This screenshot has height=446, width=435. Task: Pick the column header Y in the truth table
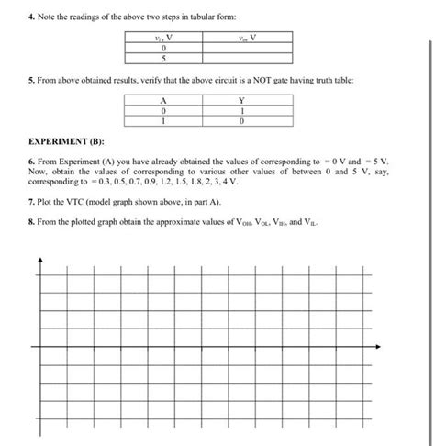click(241, 101)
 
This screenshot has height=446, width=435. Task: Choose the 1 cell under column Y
click(241, 111)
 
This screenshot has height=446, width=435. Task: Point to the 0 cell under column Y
click(241, 121)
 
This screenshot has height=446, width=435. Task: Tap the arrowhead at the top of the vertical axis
click(40, 257)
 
